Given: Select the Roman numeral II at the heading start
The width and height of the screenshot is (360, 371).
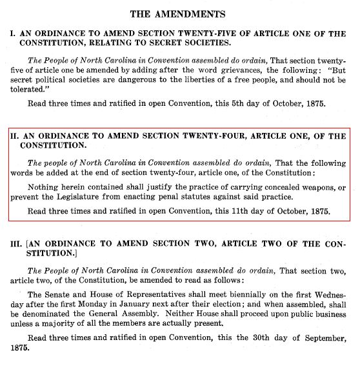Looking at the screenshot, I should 12,137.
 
